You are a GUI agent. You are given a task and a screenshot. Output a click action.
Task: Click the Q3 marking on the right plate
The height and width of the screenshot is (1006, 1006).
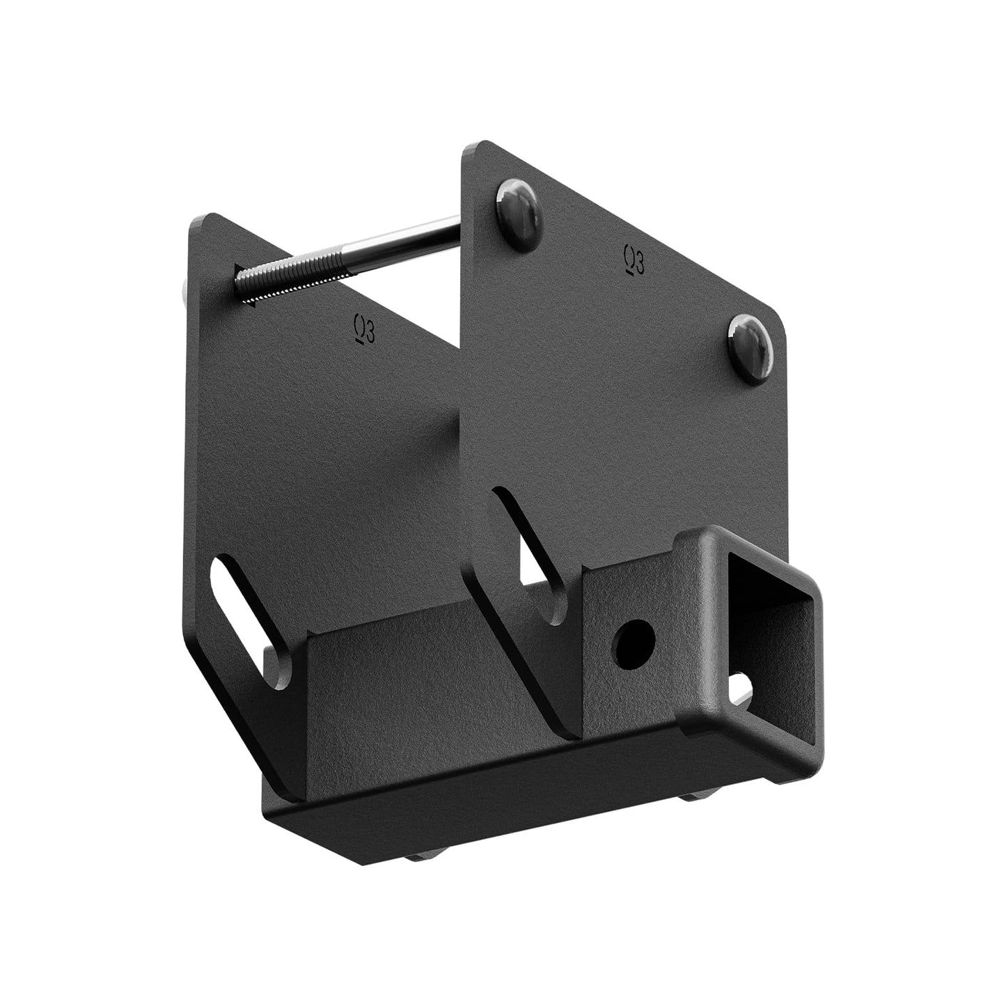coord(634,260)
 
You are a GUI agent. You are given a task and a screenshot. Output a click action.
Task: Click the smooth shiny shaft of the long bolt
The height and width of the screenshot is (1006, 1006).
coord(404,239)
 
